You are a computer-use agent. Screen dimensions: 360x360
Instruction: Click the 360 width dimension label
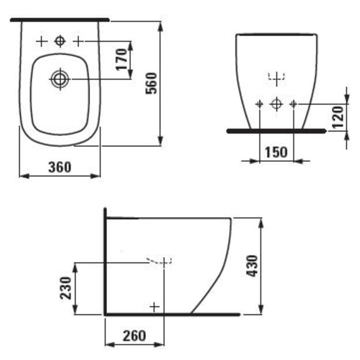[x=60, y=167]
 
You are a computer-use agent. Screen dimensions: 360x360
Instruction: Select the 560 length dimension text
[x=151, y=83]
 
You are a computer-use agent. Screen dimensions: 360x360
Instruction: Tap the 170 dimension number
[x=121, y=59]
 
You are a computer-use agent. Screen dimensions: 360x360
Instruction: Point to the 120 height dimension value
[x=338, y=117]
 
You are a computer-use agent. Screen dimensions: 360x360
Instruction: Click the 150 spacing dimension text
[x=276, y=152]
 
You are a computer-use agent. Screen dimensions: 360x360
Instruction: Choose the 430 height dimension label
[x=252, y=266]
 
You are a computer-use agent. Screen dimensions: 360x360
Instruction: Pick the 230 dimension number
[x=66, y=288]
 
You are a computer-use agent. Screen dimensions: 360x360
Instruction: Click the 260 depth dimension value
[x=134, y=336]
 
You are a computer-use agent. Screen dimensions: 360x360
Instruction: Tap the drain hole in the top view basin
[x=60, y=79]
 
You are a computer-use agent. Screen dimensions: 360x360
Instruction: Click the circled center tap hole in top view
[x=60, y=41]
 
